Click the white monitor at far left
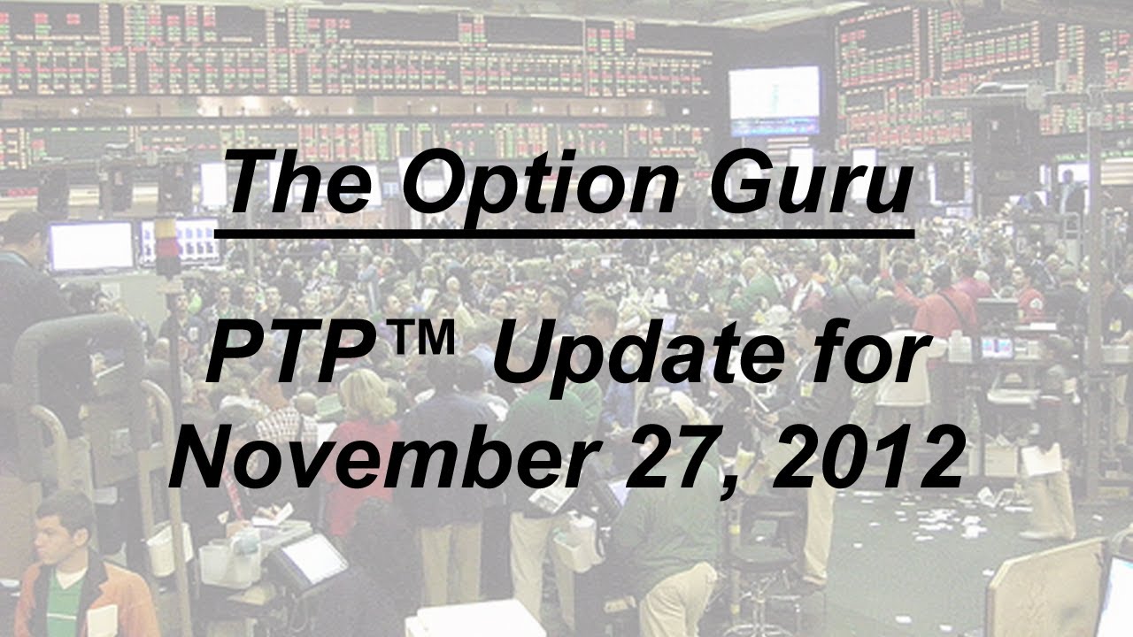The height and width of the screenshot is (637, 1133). [x=90, y=246]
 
